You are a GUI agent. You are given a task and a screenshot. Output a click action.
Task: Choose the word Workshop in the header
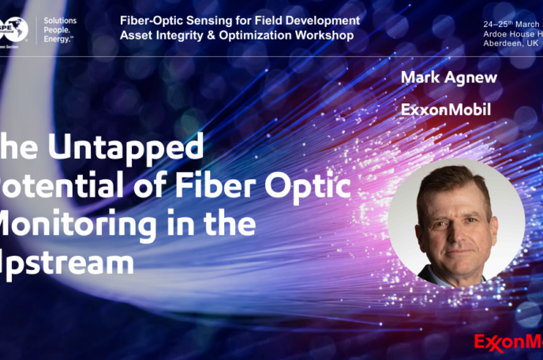321,36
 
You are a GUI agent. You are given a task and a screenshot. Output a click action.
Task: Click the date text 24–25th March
511,24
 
